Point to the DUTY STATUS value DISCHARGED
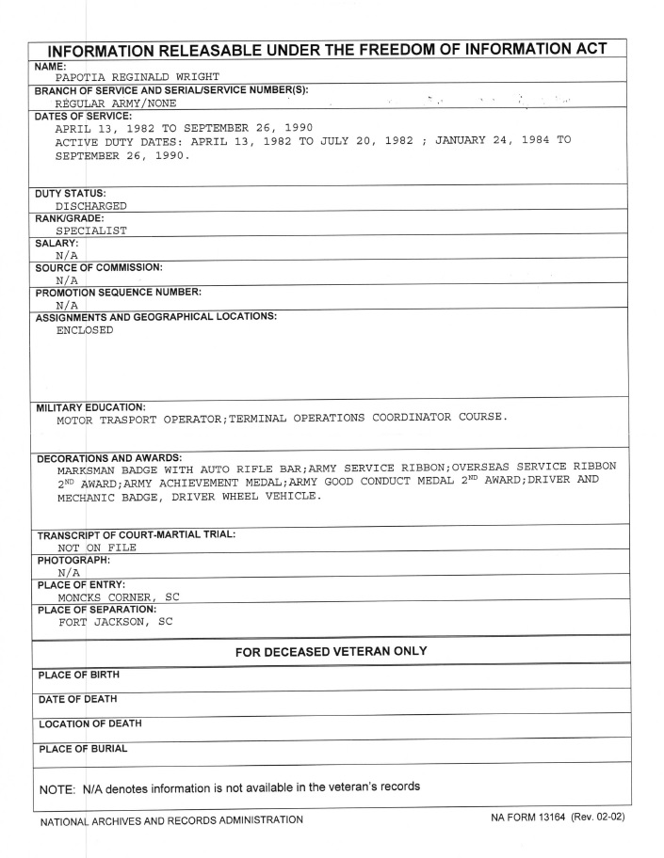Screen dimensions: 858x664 [91, 204]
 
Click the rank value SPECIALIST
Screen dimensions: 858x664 [91, 229]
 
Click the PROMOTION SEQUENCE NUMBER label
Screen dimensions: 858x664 [119, 291]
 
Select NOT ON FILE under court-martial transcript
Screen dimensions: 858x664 [96, 548]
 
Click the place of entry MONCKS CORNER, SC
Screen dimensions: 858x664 [119, 596]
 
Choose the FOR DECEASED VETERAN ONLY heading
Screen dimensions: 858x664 [331, 651]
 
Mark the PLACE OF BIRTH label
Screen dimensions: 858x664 [78, 675]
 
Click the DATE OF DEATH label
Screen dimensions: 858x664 [76, 699]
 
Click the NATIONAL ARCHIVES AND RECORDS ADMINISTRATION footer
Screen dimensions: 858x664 [170, 818]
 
